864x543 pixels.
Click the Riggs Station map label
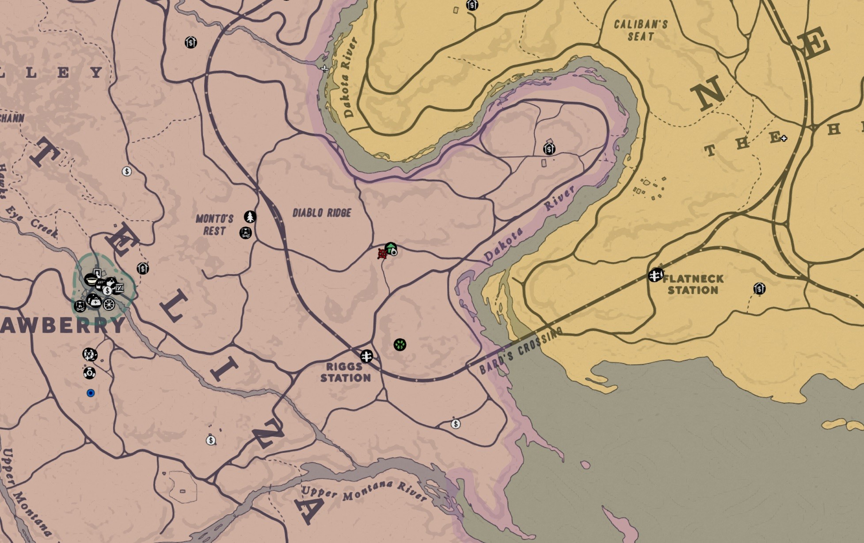(345, 372)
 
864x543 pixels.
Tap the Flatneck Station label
(693, 284)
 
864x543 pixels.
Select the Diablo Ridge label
(322, 213)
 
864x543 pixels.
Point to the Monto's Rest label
(214, 224)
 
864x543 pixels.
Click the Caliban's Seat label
(640, 30)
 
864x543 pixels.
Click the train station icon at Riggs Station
(366, 356)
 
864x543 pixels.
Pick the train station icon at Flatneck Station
(655, 275)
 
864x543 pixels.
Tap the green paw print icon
(400, 344)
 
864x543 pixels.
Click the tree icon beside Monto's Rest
(250, 217)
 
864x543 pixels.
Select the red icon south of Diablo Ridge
(382, 254)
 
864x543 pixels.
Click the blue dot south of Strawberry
(91, 393)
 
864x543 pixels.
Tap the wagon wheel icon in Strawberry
(109, 305)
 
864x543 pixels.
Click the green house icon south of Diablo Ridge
(391, 249)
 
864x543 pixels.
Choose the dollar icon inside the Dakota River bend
(549, 149)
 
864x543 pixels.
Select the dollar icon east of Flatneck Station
(759, 289)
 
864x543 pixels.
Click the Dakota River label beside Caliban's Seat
(350, 78)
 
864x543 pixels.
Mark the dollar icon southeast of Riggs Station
(456, 424)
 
